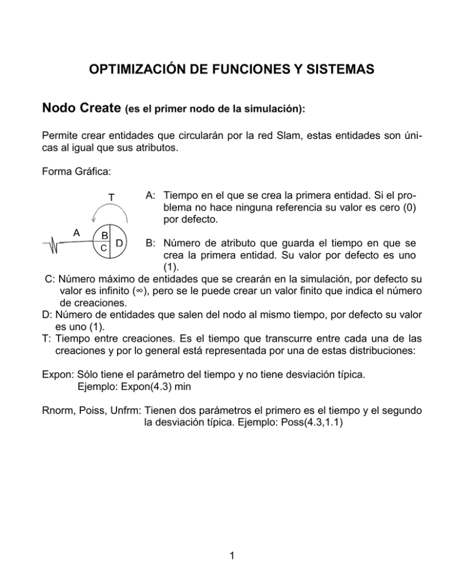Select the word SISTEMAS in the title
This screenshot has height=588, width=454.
tap(335, 70)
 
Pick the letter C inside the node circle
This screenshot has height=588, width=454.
tap(103, 248)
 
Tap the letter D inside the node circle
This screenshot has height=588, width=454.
tap(119, 243)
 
